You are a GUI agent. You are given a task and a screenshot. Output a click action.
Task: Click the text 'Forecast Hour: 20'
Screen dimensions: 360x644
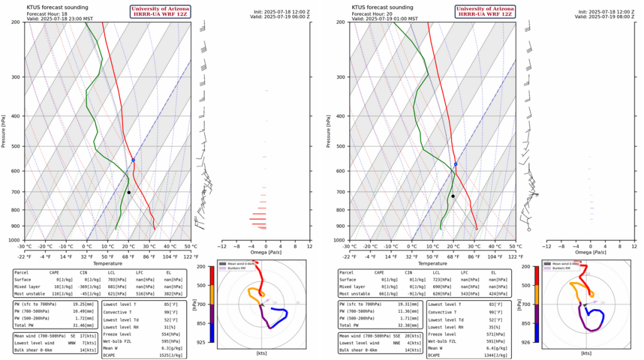tap(371, 13)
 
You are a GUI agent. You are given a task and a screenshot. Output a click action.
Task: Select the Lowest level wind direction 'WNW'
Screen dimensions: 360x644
tap(64, 342)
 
